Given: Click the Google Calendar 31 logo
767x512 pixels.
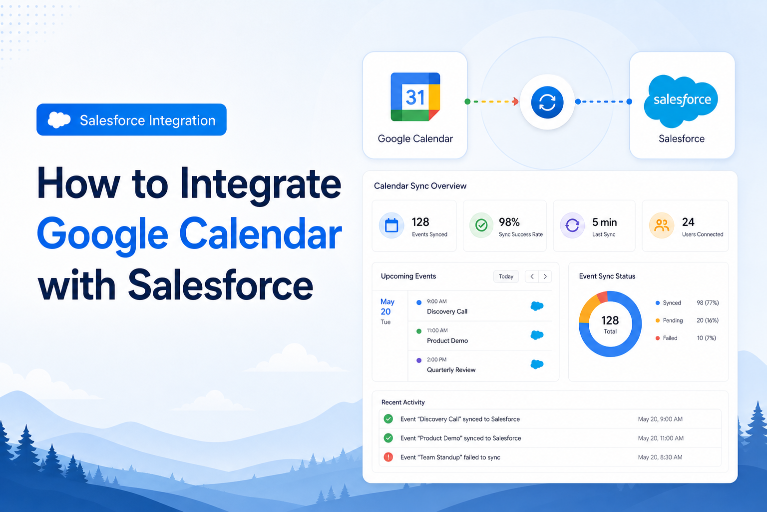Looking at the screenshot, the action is point(415,96).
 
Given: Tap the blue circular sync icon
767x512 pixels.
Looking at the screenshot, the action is point(547,102).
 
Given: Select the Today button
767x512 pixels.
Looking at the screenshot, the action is point(506,276).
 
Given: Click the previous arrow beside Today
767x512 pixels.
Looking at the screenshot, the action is point(532,276).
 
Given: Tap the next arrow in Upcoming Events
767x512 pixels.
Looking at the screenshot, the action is point(545,276).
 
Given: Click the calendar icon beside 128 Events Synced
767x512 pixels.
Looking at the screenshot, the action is point(391,225).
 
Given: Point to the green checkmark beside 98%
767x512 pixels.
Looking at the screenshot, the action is point(481,225).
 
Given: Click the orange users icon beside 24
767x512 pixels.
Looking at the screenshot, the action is point(662,225).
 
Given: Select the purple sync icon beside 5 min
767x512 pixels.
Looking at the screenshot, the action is point(572,225).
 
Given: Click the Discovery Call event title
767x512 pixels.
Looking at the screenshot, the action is point(447,311).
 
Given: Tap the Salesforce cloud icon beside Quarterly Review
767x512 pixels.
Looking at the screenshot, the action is point(537,364).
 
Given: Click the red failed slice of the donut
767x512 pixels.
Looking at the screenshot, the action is point(603,297).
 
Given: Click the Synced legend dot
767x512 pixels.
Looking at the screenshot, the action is point(658,303).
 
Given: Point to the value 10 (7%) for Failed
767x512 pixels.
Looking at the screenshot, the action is point(707,338).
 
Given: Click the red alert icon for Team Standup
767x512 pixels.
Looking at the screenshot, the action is point(388,457).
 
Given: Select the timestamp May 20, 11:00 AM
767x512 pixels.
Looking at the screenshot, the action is point(661,438).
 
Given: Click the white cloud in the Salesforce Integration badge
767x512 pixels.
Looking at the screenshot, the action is point(59,119).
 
